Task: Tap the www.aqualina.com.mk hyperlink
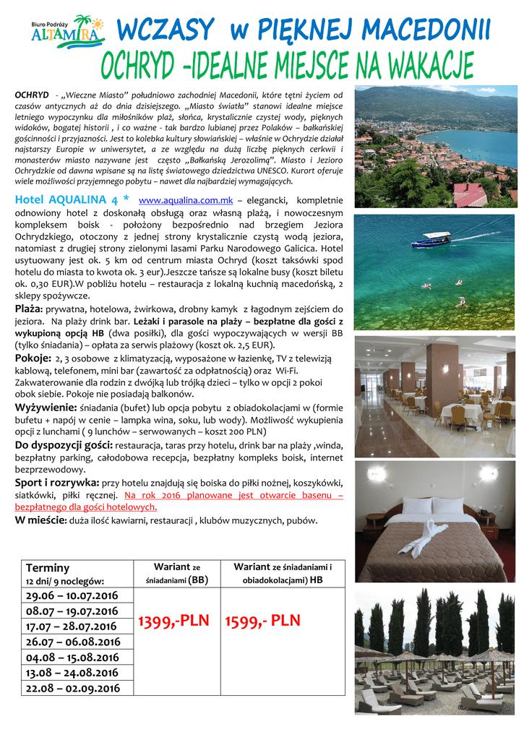click(185, 200)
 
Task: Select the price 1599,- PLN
click(262, 621)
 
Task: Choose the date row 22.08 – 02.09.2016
click(72, 689)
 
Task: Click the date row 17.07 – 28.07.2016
click(72, 626)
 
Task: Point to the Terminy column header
click(48, 568)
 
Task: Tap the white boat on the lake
click(431, 239)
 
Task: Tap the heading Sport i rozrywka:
click(58, 483)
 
